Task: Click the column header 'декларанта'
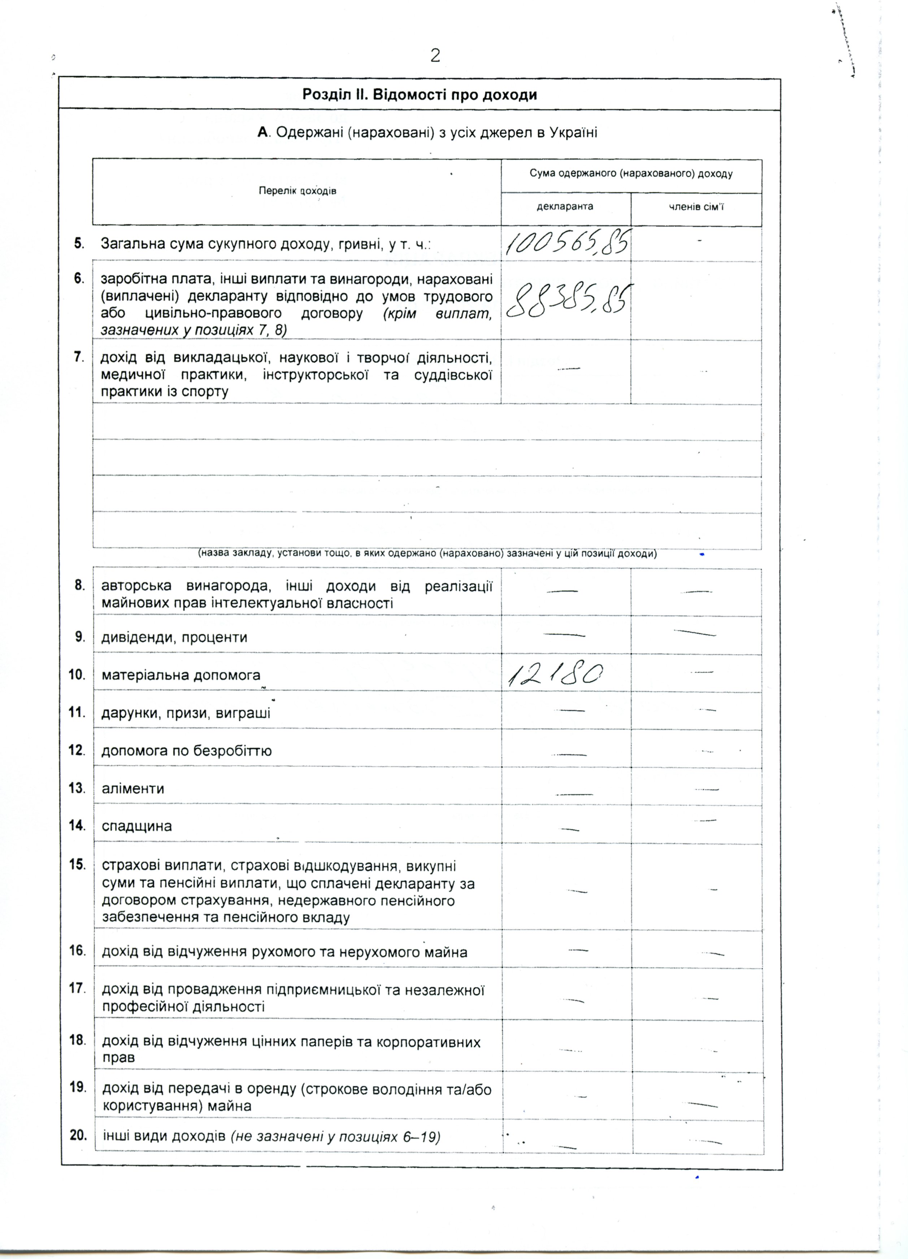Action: pyautogui.click(x=565, y=206)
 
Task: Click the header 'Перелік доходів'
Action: pyautogui.click(x=297, y=191)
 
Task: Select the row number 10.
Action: pyautogui.click(x=77, y=674)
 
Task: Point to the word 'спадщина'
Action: pyautogui.click(x=136, y=826)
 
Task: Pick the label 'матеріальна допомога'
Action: pyautogui.click(x=181, y=675)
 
